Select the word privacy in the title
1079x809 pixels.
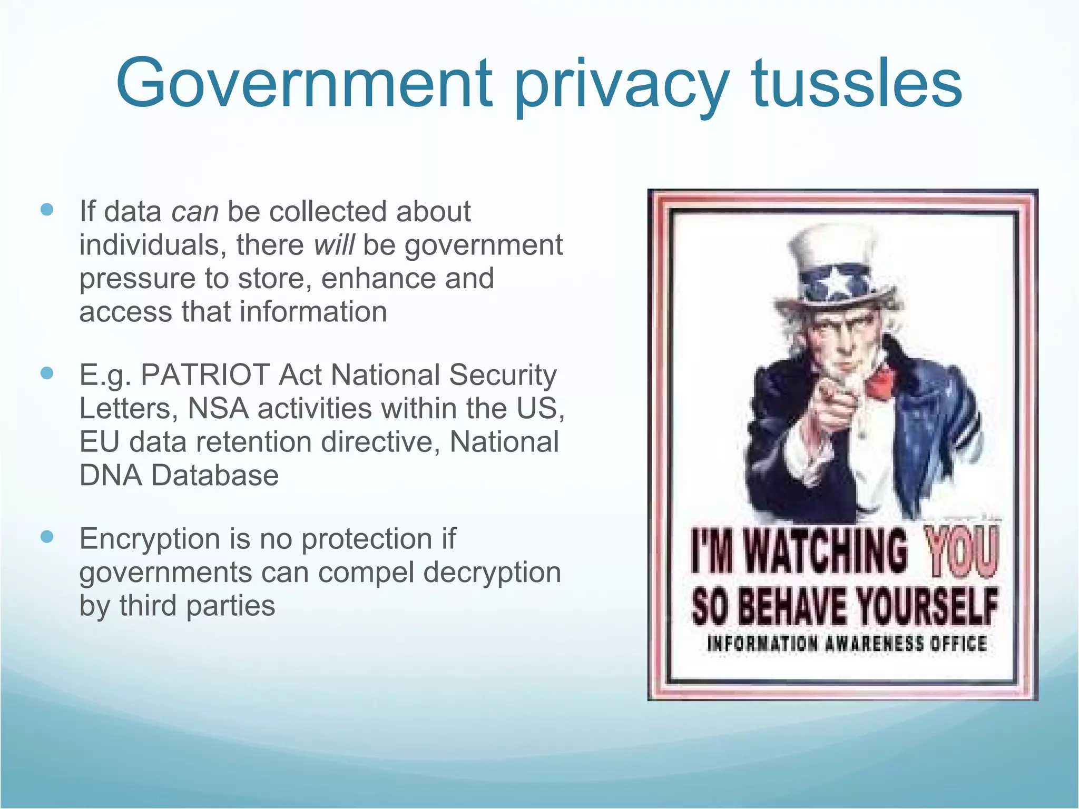[x=622, y=87]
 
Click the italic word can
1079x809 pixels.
[x=194, y=212]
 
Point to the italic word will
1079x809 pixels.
[x=334, y=245]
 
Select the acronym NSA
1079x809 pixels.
[x=218, y=408]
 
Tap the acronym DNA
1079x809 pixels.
[x=111, y=475]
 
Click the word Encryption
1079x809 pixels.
[x=150, y=540]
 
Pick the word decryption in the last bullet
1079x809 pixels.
[x=492, y=573]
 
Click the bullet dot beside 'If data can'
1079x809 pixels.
[x=47, y=210]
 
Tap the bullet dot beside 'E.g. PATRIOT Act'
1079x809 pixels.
[x=47, y=373]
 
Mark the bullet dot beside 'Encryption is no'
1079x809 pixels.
[x=47, y=537]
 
